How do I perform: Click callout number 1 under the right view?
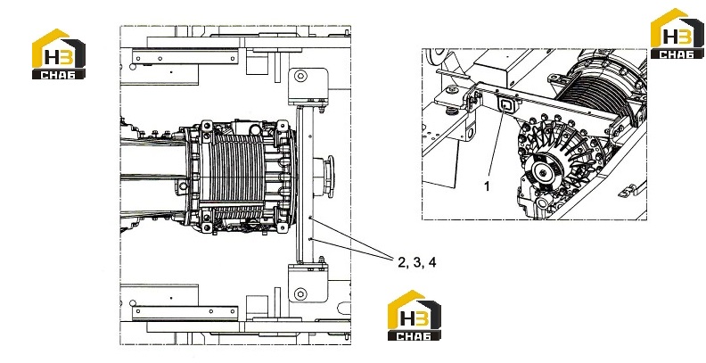coord(487,186)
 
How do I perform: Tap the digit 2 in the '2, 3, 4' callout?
coord(402,262)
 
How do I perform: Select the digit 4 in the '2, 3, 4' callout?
coord(432,262)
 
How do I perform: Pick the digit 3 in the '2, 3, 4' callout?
coord(417,262)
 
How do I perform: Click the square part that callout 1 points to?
coord(505,105)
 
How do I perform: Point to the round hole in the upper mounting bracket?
coord(300,76)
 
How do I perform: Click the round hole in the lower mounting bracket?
coord(300,294)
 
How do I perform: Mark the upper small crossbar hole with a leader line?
coord(310,218)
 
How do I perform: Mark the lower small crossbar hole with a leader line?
coord(310,238)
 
